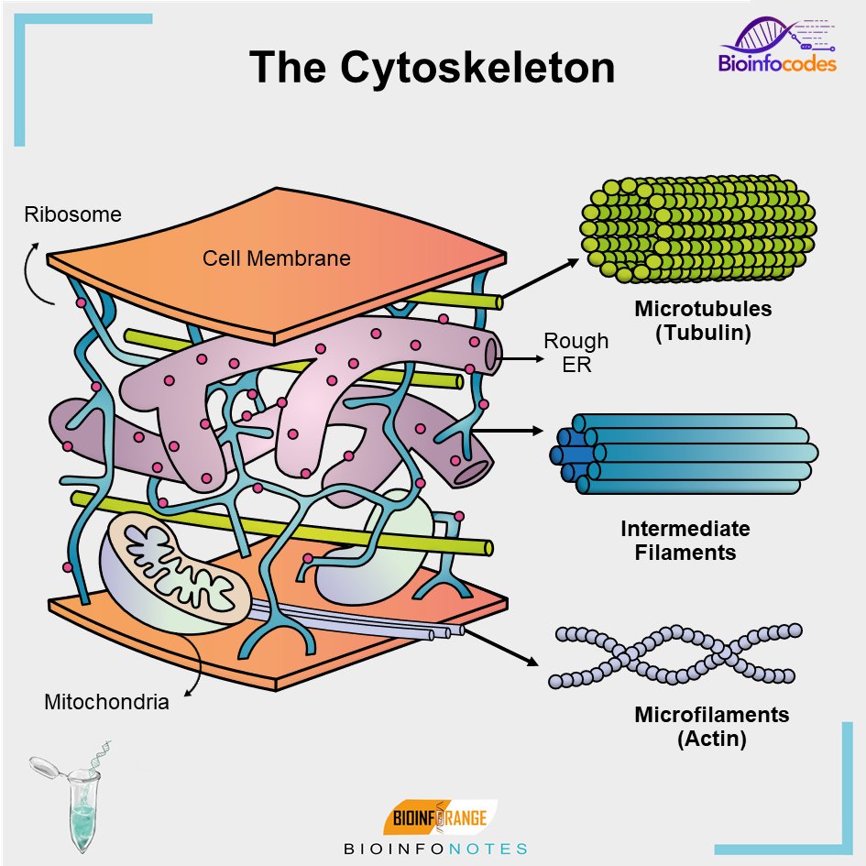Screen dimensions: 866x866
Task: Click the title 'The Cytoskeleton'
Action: [x=432, y=68]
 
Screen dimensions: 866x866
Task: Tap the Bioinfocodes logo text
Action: [x=776, y=64]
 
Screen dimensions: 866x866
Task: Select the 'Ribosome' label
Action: [x=72, y=214]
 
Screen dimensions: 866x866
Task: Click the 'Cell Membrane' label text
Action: [x=276, y=258]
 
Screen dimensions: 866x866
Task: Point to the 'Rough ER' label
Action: [x=576, y=353]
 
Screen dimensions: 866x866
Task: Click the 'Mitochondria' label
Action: [x=106, y=703]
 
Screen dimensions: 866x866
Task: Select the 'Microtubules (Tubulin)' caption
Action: [x=703, y=321]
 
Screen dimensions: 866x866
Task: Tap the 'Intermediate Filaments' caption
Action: [x=685, y=541]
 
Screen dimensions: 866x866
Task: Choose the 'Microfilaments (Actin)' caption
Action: [x=711, y=726]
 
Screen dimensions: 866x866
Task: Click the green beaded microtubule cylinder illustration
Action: [x=697, y=227]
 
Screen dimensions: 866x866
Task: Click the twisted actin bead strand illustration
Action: [x=674, y=654]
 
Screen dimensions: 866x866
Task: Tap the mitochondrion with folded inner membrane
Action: [x=175, y=572]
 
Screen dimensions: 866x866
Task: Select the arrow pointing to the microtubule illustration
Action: [x=541, y=278]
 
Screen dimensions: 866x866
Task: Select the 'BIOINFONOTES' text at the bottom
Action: [x=435, y=850]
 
